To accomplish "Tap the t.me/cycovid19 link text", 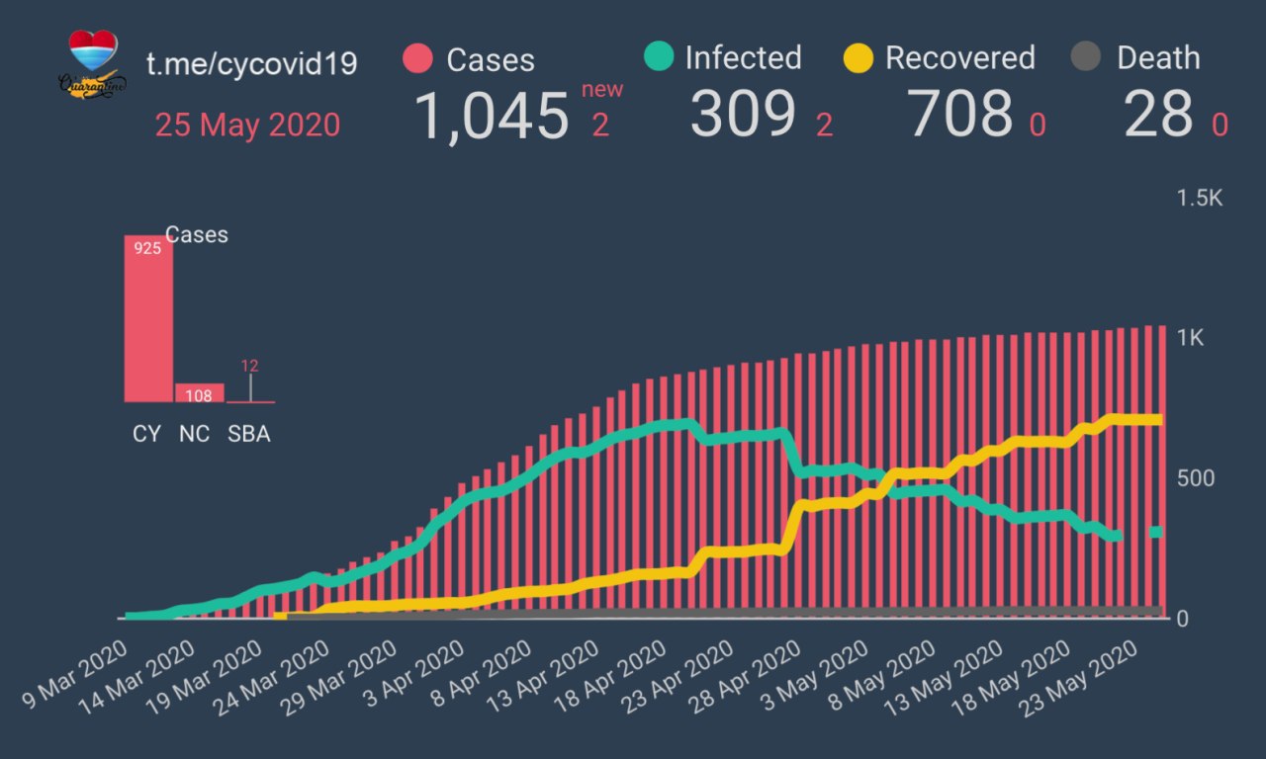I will coord(251,63).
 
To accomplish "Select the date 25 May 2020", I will coord(247,125).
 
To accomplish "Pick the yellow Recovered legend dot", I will coord(859,57).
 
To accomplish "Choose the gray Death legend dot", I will coord(1086,57).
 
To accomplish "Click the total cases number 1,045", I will coord(491,116).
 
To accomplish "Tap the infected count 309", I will coord(743,115).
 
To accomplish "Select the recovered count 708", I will coord(961,115).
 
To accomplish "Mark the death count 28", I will coord(1158,115).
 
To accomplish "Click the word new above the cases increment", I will coord(602,90).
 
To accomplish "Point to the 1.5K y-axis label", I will coord(1200,199).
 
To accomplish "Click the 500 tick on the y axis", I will coord(1195,478).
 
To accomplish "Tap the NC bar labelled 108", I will coord(200,393).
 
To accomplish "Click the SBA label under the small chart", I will coord(249,434).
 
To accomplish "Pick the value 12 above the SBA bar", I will coord(250,366).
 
